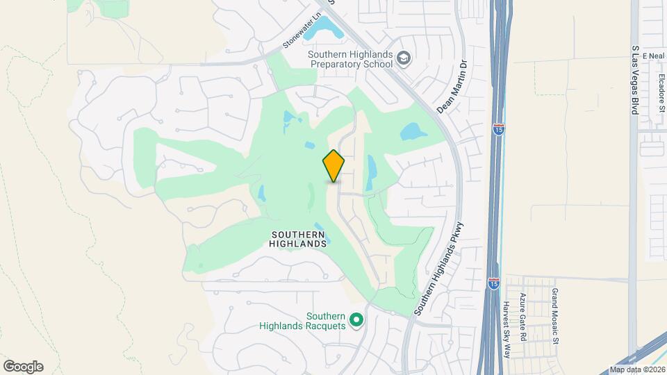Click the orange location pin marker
point(333,165)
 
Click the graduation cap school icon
point(404,60)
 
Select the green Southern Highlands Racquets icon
point(357,320)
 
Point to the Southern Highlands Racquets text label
point(302,320)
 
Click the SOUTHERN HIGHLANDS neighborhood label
point(298,239)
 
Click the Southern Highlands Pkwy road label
point(438,269)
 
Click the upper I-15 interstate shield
point(498,128)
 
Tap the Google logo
point(23,366)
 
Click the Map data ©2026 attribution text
point(636,369)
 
